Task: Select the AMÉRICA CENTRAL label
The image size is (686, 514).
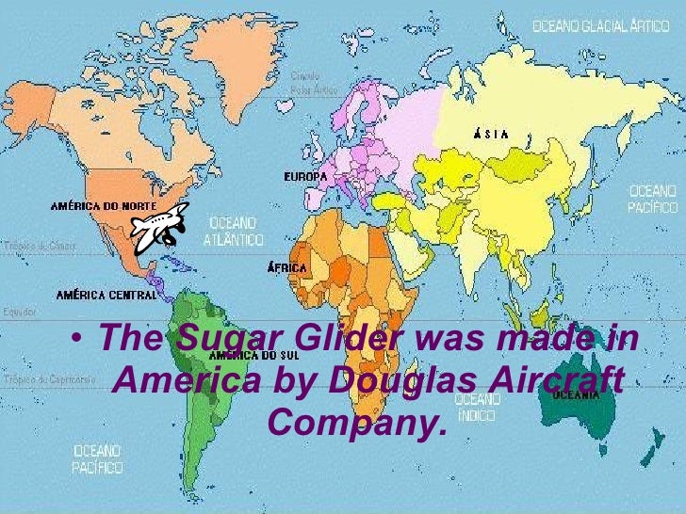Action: coord(106,295)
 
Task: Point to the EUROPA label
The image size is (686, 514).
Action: coord(305,176)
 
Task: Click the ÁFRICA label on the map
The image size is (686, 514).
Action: coord(287,268)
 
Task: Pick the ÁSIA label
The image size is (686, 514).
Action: coord(490,134)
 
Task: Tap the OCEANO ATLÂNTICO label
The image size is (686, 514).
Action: coord(232,230)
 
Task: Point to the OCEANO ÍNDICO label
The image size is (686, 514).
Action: coord(478,407)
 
